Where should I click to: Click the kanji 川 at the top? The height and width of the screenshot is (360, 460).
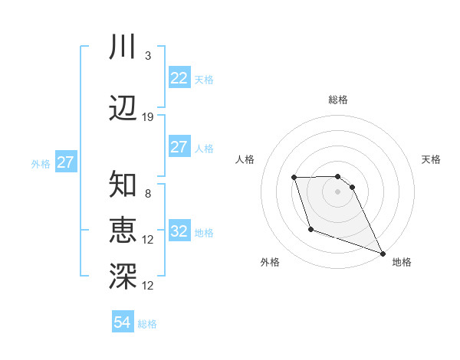coord(123,47)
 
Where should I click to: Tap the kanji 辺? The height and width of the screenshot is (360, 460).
coord(123,109)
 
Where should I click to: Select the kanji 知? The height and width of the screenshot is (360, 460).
coord(123,185)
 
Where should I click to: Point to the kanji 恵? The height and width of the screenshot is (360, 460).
coord(123,231)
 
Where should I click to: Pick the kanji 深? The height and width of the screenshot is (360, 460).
coord(123,277)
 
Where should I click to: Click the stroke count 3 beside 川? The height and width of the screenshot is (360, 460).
coord(148,56)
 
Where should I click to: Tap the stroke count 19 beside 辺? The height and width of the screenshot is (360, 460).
coord(148,117)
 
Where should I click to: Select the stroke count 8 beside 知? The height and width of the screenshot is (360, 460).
coord(148,194)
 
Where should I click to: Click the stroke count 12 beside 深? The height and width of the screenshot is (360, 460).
coord(148,286)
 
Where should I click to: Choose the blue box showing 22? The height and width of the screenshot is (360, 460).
coord(179,78)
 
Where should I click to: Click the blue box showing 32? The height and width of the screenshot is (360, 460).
coord(179,231)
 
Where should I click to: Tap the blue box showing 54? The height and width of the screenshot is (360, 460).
coord(123,323)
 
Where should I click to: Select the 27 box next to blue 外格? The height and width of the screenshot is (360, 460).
coord(66,162)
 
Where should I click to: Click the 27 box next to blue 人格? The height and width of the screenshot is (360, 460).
coord(179,147)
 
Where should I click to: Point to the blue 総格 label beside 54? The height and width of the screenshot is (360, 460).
coord(148,324)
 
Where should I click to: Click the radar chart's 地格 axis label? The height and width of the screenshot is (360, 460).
coord(402,263)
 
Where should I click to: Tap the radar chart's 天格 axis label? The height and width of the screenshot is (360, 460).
coord(432,159)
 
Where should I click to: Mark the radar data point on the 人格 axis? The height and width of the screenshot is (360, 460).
coord(294,178)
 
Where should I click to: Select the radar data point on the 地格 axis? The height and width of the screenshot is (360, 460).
coord(383,253)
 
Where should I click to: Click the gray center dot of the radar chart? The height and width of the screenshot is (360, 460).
coord(338,191)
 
